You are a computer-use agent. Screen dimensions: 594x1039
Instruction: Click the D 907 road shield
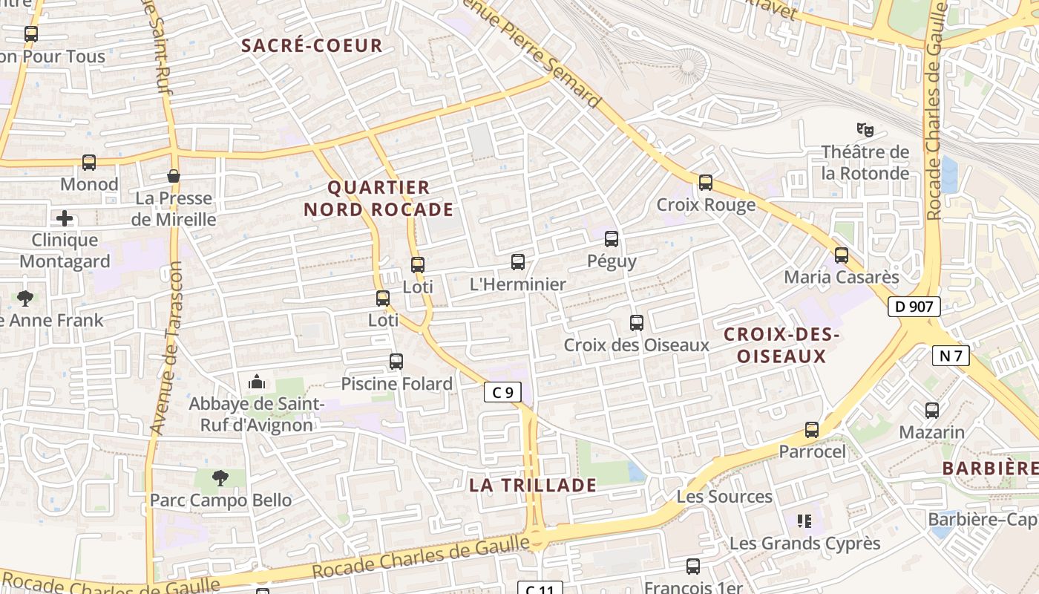point(914,306)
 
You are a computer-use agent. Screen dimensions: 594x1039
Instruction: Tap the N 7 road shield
point(951,356)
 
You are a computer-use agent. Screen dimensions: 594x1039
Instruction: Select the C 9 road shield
point(502,392)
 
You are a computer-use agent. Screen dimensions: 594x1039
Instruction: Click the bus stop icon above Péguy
point(612,239)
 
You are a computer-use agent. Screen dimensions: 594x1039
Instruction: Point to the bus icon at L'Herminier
point(518,262)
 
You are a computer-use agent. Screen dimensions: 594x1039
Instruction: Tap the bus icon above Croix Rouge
point(706,183)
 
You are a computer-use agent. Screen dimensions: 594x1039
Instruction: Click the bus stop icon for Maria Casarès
point(842,255)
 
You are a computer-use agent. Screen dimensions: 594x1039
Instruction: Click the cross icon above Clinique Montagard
point(65,218)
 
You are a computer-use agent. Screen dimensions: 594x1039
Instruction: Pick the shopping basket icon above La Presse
point(174,176)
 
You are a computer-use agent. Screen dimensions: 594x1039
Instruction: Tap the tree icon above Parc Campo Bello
point(220,477)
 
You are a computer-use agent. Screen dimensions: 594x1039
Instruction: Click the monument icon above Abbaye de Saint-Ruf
point(257,382)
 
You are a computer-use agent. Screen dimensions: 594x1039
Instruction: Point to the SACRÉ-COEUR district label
point(312,45)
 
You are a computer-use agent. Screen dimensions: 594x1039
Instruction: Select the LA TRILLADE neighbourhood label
point(533,486)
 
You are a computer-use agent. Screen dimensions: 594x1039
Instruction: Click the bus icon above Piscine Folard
point(396,362)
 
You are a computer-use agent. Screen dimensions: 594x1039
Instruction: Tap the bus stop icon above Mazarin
point(932,410)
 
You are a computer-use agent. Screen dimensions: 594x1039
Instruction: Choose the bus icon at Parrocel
point(812,430)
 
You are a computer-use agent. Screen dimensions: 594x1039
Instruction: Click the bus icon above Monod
point(89,162)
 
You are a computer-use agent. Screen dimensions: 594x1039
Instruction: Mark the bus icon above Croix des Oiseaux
point(637,323)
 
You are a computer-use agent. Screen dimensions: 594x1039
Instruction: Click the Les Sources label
point(724,496)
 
